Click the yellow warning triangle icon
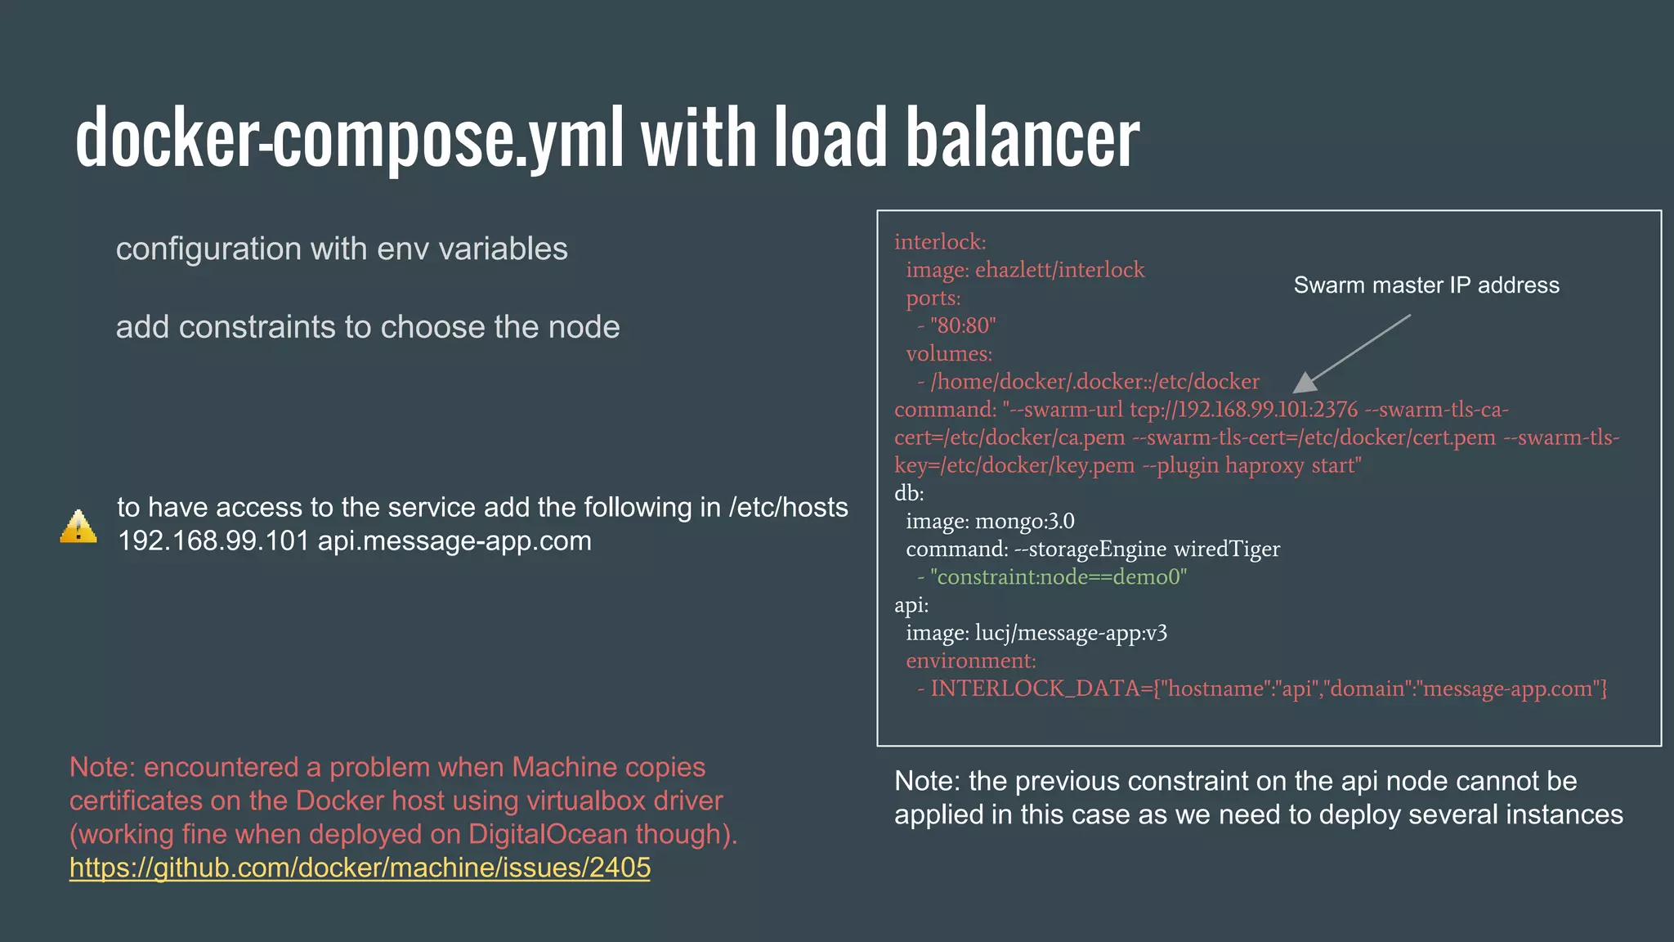pyautogui.click(x=78, y=527)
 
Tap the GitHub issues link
pyautogui.click(x=360, y=868)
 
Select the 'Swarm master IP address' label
pyautogui.click(x=1426, y=285)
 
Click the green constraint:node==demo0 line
pyautogui.click(x=1058, y=577)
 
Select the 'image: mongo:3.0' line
pyautogui.click(x=990, y=521)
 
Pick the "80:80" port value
pyautogui.click(x=963, y=326)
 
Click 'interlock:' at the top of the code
pyautogui.click(x=940, y=242)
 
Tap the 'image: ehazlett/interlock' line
pyautogui.click(x=1025, y=270)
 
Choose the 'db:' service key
pyautogui.click(x=909, y=493)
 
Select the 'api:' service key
pyautogui.click(x=911, y=605)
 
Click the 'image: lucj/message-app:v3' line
pyautogui.click(x=1036, y=633)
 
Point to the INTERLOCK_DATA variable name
pyautogui.click(x=1036, y=689)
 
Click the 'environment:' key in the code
pyautogui.click(x=970, y=661)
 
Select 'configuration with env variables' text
pyautogui.click(x=342, y=249)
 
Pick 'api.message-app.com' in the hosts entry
pyautogui.click(x=454, y=541)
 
